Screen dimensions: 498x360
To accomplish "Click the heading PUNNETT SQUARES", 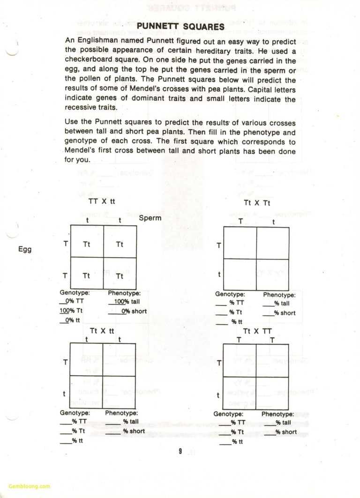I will [x=180, y=26].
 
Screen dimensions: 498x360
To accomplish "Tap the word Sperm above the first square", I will [x=150, y=218].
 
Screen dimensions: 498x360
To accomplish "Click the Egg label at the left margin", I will [x=25, y=249].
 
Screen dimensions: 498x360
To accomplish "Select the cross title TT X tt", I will [x=102, y=201].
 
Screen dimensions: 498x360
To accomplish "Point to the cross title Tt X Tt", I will [x=257, y=203].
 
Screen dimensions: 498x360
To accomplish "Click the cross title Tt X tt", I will [x=102, y=331].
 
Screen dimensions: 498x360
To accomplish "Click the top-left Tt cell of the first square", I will [x=87, y=244].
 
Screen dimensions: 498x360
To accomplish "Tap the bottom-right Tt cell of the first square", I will [x=120, y=276].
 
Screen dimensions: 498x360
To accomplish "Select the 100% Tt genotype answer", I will [x=71, y=311].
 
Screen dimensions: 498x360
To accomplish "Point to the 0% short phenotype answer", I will [x=134, y=311].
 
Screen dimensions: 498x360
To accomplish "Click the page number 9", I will [x=180, y=451].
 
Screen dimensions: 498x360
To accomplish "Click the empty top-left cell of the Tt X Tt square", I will [x=240, y=243].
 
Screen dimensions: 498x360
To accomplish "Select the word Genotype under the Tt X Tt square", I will [x=230, y=294].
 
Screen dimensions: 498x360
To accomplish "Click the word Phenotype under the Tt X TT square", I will [x=278, y=414].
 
